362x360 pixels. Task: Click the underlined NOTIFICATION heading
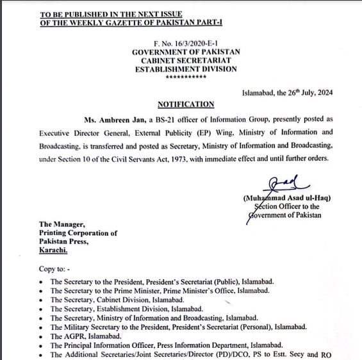pos(186,104)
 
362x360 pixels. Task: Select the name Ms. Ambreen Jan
pos(108,120)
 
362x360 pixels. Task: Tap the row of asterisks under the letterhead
pos(186,77)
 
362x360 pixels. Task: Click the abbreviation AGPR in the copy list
pos(67,335)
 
